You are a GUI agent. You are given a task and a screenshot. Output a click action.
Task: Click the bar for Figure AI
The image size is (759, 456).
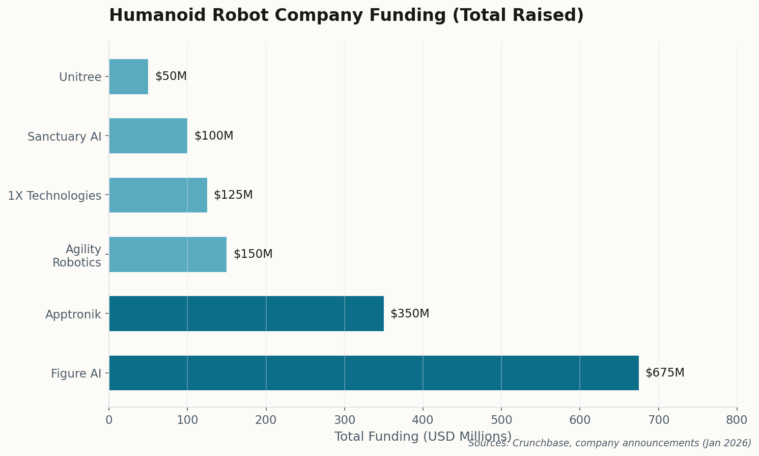tap(374, 373)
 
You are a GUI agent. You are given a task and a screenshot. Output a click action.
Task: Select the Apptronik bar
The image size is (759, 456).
tap(246, 314)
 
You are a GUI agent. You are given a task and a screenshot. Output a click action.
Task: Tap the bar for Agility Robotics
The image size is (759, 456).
tap(168, 254)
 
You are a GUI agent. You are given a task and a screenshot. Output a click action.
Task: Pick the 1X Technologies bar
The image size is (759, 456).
tap(158, 195)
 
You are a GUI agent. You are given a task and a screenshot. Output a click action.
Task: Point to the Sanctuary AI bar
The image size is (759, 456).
tap(148, 136)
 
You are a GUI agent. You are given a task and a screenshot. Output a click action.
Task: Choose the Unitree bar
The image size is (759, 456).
tap(129, 76)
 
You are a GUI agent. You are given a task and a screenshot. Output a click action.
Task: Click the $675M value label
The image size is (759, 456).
tap(665, 373)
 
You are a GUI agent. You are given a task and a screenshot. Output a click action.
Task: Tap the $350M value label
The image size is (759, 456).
tap(410, 314)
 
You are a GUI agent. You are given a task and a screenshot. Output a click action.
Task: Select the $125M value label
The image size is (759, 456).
tap(233, 195)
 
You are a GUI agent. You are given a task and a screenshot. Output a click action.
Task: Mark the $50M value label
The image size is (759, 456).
tap(171, 76)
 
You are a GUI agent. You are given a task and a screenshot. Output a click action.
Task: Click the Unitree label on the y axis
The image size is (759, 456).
tap(80, 77)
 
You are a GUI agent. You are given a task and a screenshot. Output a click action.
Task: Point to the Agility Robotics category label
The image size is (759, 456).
tap(77, 256)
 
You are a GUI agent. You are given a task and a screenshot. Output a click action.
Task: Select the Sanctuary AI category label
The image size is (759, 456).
tap(65, 137)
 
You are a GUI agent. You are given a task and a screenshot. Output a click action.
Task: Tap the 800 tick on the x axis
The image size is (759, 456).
tap(737, 420)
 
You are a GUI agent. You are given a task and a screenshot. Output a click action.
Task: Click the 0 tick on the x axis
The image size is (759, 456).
tap(109, 420)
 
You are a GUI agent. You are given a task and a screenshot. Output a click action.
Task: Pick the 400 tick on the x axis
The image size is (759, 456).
tap(423, 420)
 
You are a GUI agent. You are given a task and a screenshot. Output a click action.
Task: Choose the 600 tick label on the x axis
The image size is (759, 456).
tap(580, 420)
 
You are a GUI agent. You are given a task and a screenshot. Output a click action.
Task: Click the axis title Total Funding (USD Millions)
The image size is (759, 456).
tap(423, 437)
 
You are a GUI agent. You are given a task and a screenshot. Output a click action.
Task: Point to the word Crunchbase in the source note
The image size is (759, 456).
tap(535, 443)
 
